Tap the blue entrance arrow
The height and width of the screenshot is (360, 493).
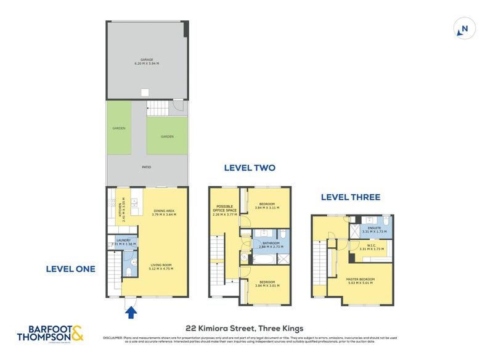coord(131,313)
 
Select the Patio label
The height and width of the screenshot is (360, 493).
coord(147,167)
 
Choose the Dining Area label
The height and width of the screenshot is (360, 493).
coord(164,212)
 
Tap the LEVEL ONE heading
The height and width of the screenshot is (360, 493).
coord(70,269)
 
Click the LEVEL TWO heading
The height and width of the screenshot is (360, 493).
coord(249,168)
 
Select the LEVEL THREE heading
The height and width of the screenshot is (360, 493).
coord(350,197)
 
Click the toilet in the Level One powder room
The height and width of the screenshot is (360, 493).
coord(127,271)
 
